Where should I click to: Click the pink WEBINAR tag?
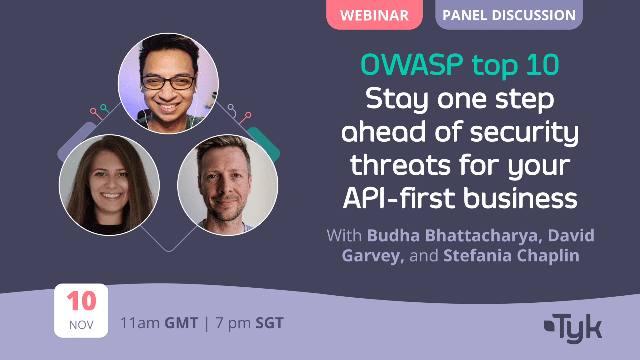point(374,15)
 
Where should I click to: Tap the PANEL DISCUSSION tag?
point(509,15)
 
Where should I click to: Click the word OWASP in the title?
point(412,65)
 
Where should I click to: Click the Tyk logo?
point(573,328)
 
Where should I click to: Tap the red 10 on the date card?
point(81,301)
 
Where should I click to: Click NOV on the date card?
point(81,325)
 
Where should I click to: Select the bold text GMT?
point(181,323)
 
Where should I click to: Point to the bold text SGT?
point(269,323)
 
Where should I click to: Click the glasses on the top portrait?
point(168,83)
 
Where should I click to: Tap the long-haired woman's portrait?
point(109,185)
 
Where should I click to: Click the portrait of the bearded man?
point(228,185)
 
